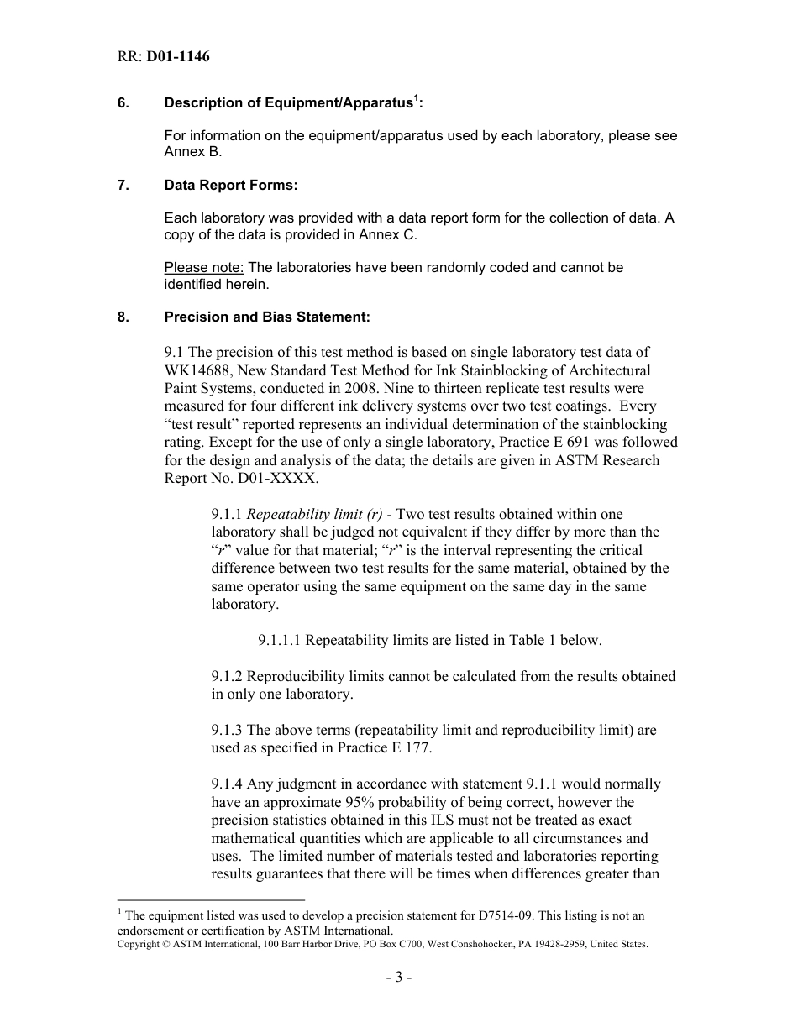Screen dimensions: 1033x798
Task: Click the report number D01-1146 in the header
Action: point(178,57)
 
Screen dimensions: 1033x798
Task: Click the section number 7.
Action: point(123,186)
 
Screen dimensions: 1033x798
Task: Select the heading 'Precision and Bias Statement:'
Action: point(266,317)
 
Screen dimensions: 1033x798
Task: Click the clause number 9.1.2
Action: point(228,677)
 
